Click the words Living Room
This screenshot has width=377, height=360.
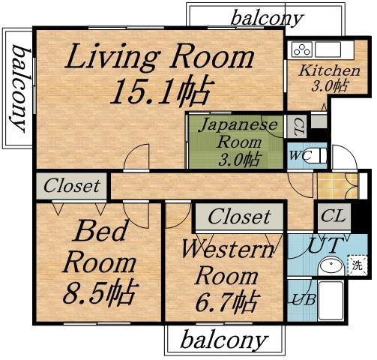pos(160,58)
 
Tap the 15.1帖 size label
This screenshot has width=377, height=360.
pos(158,91)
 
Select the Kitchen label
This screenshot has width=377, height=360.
pos(329,71)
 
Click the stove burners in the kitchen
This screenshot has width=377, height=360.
pos(301,50)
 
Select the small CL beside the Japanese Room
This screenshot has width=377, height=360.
pos(298,124)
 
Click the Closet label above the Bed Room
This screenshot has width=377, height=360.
pos(71,185)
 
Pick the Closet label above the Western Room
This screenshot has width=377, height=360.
pos(238,217)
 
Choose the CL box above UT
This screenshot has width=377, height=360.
pos(332,216)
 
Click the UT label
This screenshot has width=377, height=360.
pos(326,244)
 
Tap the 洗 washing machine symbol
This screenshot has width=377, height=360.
pos(357,265)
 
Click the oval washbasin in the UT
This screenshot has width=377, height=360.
pos(330,266)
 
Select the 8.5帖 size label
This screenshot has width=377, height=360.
pos(98,293)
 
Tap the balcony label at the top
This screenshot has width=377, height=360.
pos(267,17)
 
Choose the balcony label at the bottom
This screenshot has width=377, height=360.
pos(224,341)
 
